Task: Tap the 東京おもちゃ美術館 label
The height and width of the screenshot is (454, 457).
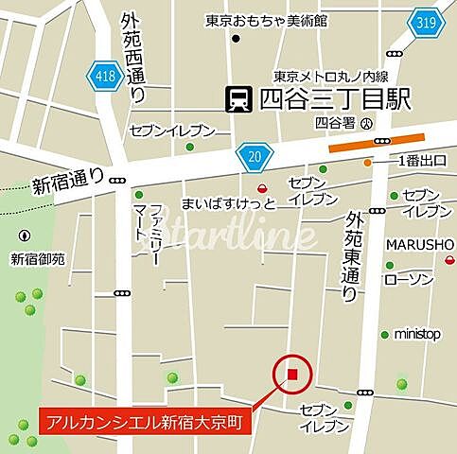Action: point(268,20)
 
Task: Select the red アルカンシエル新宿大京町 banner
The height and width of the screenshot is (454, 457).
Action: point(145,422)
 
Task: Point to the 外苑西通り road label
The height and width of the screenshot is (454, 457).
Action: point(135,60)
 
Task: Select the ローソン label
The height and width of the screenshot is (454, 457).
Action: point(408,280)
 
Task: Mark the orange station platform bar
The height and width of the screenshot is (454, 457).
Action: point(370,143)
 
